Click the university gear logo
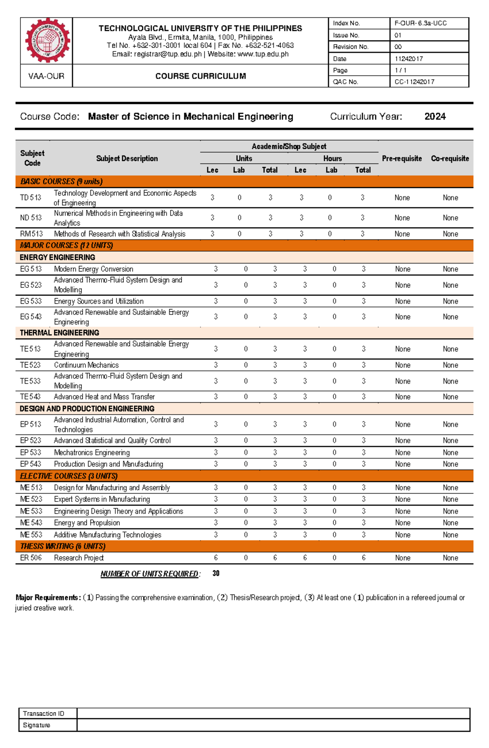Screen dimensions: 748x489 [x=47, y=40]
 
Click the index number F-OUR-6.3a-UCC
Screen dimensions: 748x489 [x=420, y=23]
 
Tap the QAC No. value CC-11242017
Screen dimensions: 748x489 [x=414, y=82]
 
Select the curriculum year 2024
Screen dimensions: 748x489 [x=435, y=117]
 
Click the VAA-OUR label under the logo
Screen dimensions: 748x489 [x=46, y=76]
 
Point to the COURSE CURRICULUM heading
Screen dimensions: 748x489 [x=200, y=76]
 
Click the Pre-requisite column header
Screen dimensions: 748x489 [x=401, y=159]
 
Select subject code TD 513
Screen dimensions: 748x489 [x=31, y=198]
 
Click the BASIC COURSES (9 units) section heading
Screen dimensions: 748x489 [x=61, y=181]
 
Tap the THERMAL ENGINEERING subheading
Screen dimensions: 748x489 [x=59, y=333]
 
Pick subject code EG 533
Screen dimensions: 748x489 [x=31, y=301]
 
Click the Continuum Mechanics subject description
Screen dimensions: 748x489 [x=86, y=365]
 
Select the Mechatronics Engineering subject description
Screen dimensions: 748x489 [x=92, y=452]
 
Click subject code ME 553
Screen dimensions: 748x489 [x=31, y=535]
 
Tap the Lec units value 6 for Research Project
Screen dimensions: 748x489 [x=216, y=558]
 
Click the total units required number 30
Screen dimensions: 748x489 [x=216, y=574]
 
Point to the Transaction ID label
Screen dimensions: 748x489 [x=43, y=713]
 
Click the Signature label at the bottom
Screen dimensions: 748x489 [x=36, y=725]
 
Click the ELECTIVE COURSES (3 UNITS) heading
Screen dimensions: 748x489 [x=68, y=476]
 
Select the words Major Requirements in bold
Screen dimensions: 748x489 [x=48, y=598]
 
